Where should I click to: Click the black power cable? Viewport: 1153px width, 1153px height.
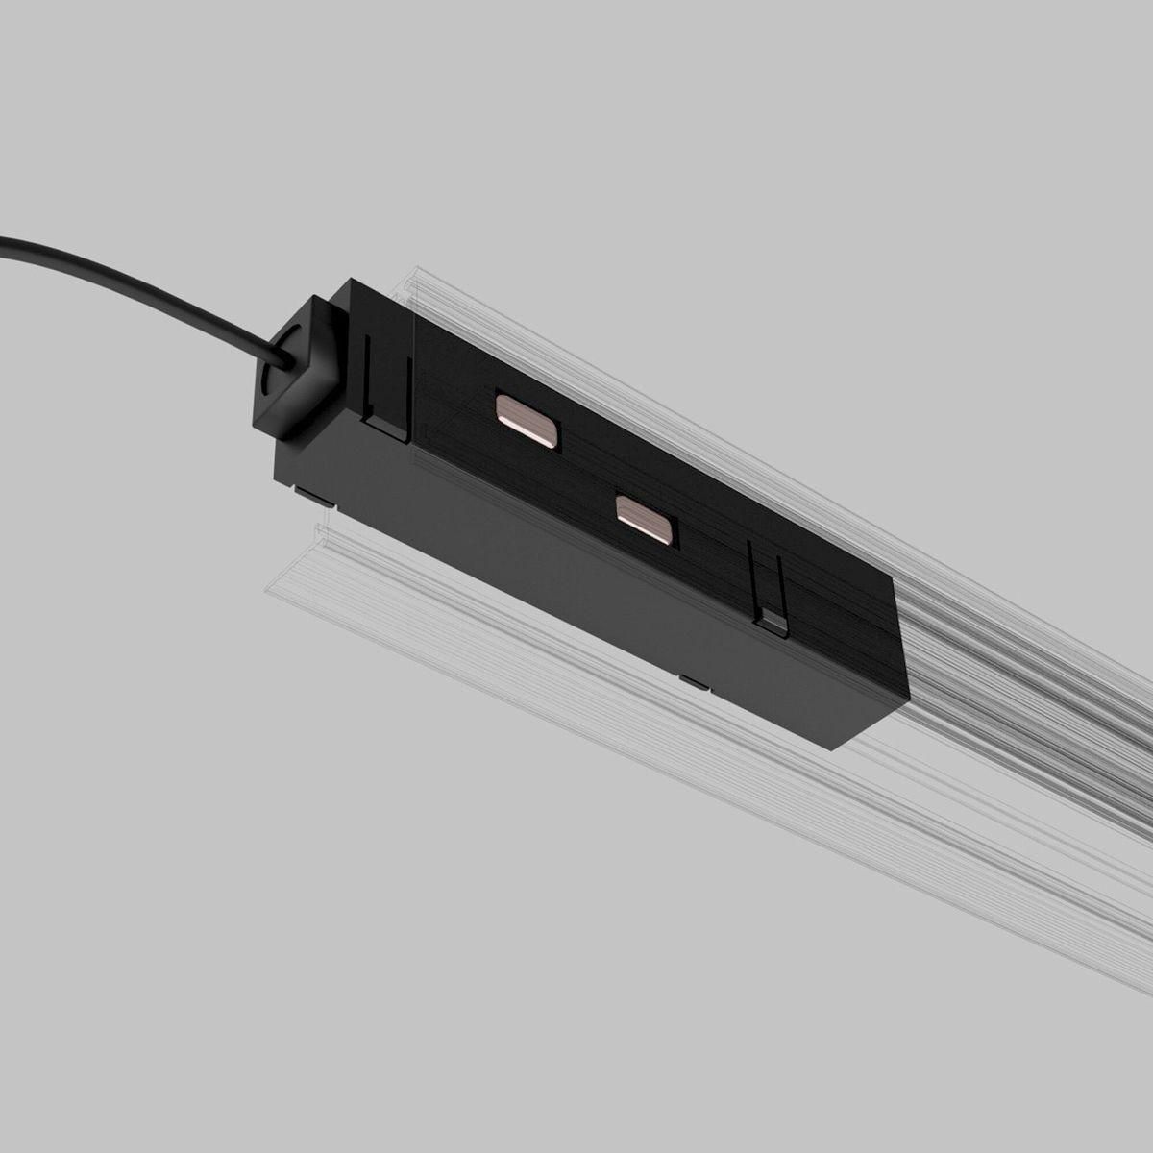tap(144, 280)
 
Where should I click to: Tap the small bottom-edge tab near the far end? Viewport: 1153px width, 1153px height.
tap(693, 681)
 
